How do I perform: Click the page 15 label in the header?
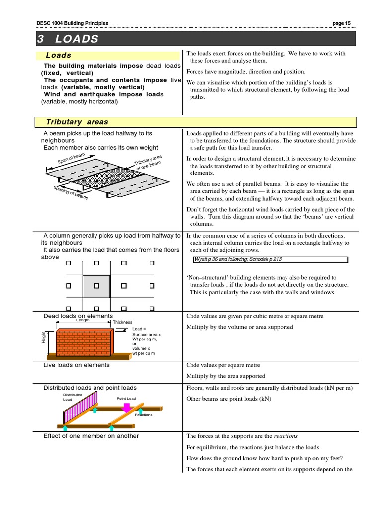tap(341, 23)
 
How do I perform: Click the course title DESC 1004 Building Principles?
tap(73, 23)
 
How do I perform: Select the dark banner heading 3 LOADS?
tap(68, 39)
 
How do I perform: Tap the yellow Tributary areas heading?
tap(77, 122)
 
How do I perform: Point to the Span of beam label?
tap(72, 161)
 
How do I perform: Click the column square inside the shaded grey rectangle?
tap(97, 286)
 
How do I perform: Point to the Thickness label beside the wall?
tap(122, 322)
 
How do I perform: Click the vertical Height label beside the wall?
tap(43, 338)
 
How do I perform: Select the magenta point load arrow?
tap(126, 407)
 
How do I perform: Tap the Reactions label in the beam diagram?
tap(143, 415)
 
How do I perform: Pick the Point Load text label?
tap(126, 399)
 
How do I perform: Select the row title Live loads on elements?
tap(77, 365)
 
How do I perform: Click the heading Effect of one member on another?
tap(91, 436)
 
